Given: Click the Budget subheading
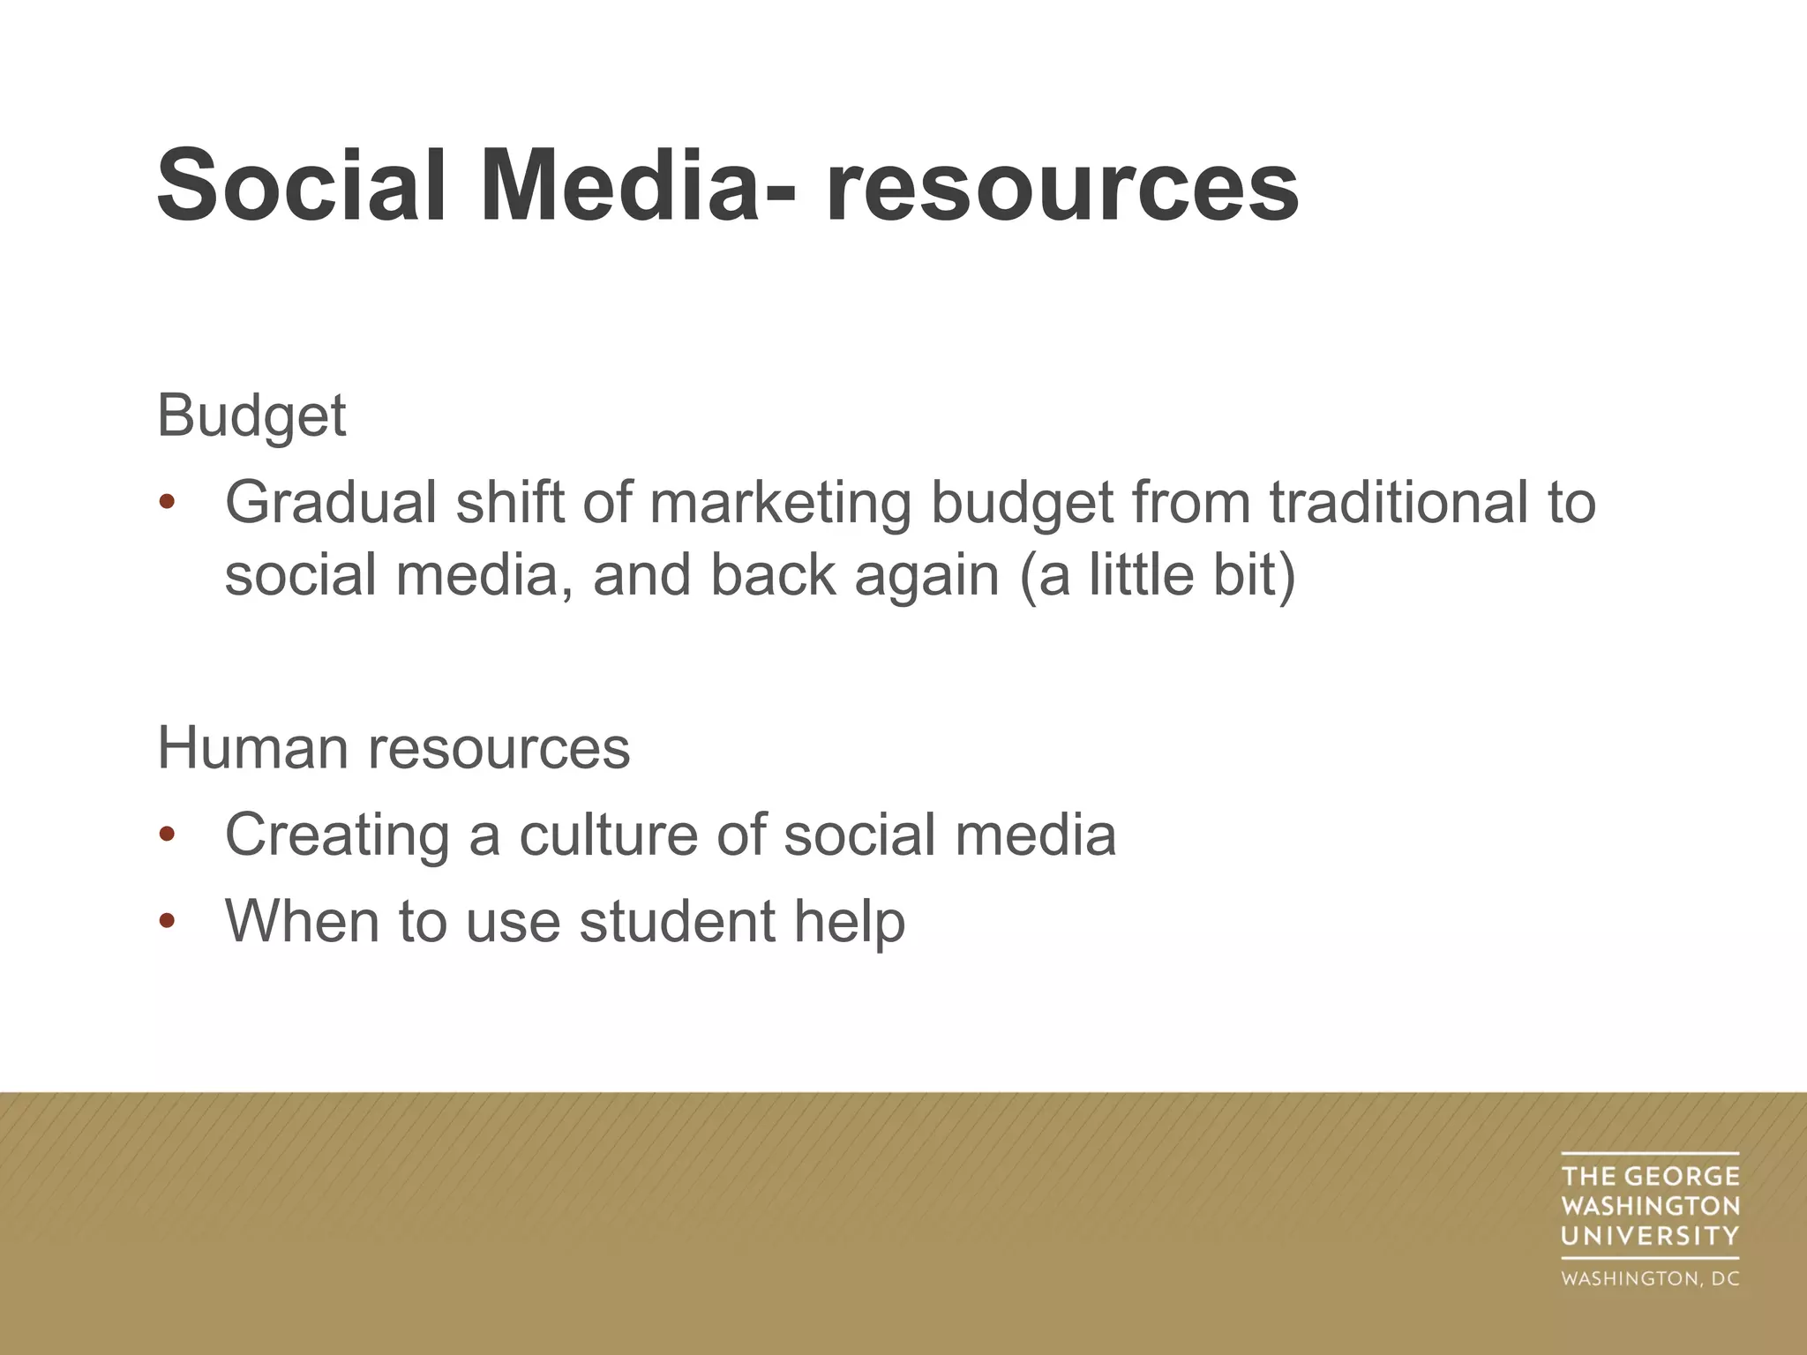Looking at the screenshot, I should pos(251,416).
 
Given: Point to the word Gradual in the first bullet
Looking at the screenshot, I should pos(331,503).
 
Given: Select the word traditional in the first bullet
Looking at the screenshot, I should pos(1398,503).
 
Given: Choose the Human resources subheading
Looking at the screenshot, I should pos(394,748).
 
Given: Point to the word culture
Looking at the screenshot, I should pos(609,835).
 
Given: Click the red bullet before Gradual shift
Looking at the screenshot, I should pos(167,504).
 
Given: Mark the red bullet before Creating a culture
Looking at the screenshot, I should pos(167,835).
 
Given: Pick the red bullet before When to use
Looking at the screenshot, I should pos(167,922).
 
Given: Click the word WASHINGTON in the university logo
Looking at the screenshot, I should pos(1650,1206).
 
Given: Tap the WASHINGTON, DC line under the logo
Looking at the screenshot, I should pos(1650,1278).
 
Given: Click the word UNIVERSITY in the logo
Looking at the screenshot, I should pos(1650,1236).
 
